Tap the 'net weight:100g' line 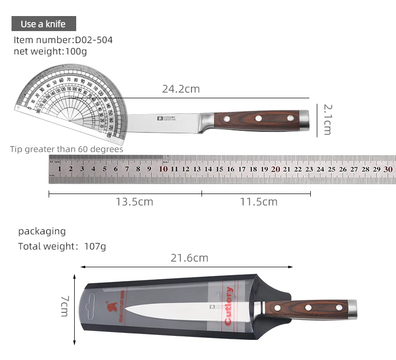(50, 51)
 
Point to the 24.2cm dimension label (180, 89)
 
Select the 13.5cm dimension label (134, 202)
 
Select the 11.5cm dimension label (258, 202)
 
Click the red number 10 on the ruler (163, 169)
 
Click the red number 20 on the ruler (275, 169)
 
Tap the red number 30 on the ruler (387, 169)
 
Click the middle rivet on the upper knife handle (259, 119)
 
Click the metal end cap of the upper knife (304, 119)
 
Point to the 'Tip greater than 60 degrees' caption (66, 149)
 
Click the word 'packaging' (42, 231)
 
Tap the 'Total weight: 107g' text (62, 246)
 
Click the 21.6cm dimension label (189, 258)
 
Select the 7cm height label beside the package (65, 305)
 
